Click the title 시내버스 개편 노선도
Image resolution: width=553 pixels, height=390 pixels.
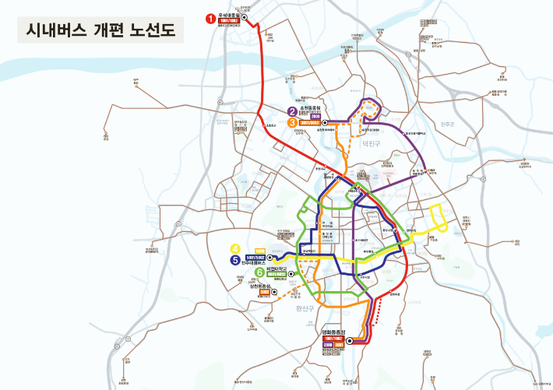(100, 30)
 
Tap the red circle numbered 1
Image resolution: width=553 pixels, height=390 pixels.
(210, 17)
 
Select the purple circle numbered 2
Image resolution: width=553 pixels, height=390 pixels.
(292, 111)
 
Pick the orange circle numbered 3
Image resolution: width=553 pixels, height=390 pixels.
(292, 122)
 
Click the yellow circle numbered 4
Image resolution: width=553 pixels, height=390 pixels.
(235, 249)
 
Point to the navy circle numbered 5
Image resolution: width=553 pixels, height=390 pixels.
(235, 260)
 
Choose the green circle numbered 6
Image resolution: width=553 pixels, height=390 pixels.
(259, 272)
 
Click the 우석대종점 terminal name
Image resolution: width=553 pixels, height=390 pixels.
(231, 13)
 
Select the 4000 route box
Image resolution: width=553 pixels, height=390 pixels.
(260, 251)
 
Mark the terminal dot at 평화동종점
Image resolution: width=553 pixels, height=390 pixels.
(350, 340)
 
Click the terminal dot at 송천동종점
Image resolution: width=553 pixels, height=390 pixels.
(325, 122)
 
